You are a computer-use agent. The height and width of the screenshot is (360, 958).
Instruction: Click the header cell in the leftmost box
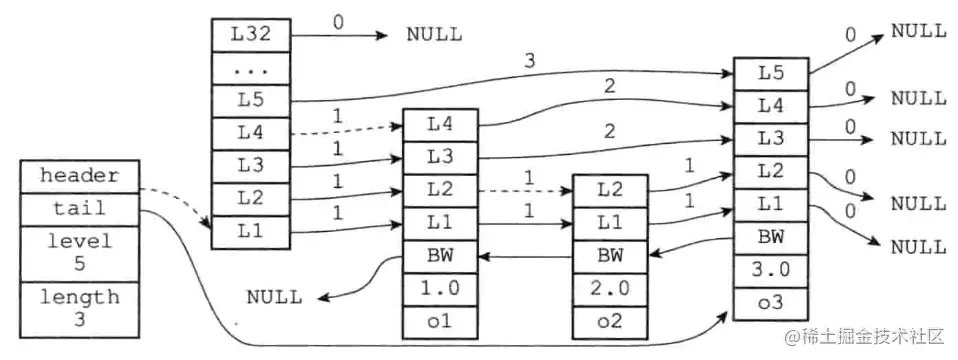(79, 175)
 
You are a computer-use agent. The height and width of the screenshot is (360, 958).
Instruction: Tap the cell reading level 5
(79, 253)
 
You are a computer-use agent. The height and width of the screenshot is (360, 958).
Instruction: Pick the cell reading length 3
(79, 308)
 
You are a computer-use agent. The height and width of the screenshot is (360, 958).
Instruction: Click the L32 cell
(251, 34)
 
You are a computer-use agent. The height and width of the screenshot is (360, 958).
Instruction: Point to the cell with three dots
(251, 68)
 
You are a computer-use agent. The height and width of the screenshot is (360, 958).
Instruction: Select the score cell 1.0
(440, 290)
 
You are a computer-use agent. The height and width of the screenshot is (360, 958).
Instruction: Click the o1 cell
(440, 322)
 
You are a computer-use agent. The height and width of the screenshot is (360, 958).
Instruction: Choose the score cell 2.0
(610, 290)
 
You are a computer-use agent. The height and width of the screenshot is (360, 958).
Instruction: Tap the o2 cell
(610, 322)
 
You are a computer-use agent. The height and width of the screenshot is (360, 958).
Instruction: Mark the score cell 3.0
(771, 269)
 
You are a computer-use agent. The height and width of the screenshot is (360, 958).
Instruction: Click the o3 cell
(771, 302)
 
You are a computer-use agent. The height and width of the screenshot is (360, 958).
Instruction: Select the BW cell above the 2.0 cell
(610, 257)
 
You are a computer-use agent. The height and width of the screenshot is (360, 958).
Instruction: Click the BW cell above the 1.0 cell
(440, 257)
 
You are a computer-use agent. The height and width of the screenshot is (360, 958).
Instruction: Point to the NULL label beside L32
(434, 34)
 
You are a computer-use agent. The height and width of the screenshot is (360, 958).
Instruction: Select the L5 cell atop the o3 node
(771, 72)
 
